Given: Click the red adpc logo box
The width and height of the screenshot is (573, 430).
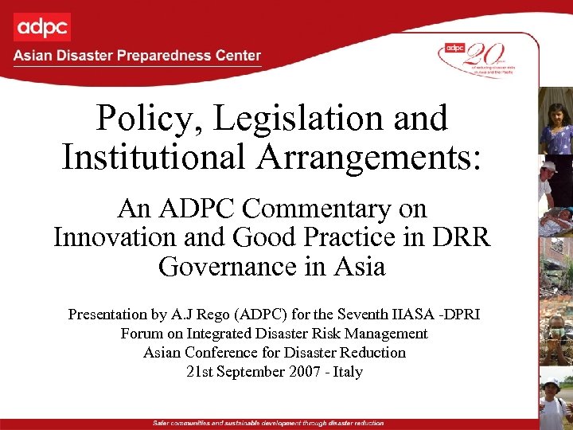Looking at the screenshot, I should pyautogui.click(x=41, y=26).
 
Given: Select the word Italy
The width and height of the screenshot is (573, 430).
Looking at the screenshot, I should pyautogui.click(x=349, y=371).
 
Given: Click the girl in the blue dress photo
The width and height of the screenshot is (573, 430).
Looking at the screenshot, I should pyautogui.click(x=555, y=119).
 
